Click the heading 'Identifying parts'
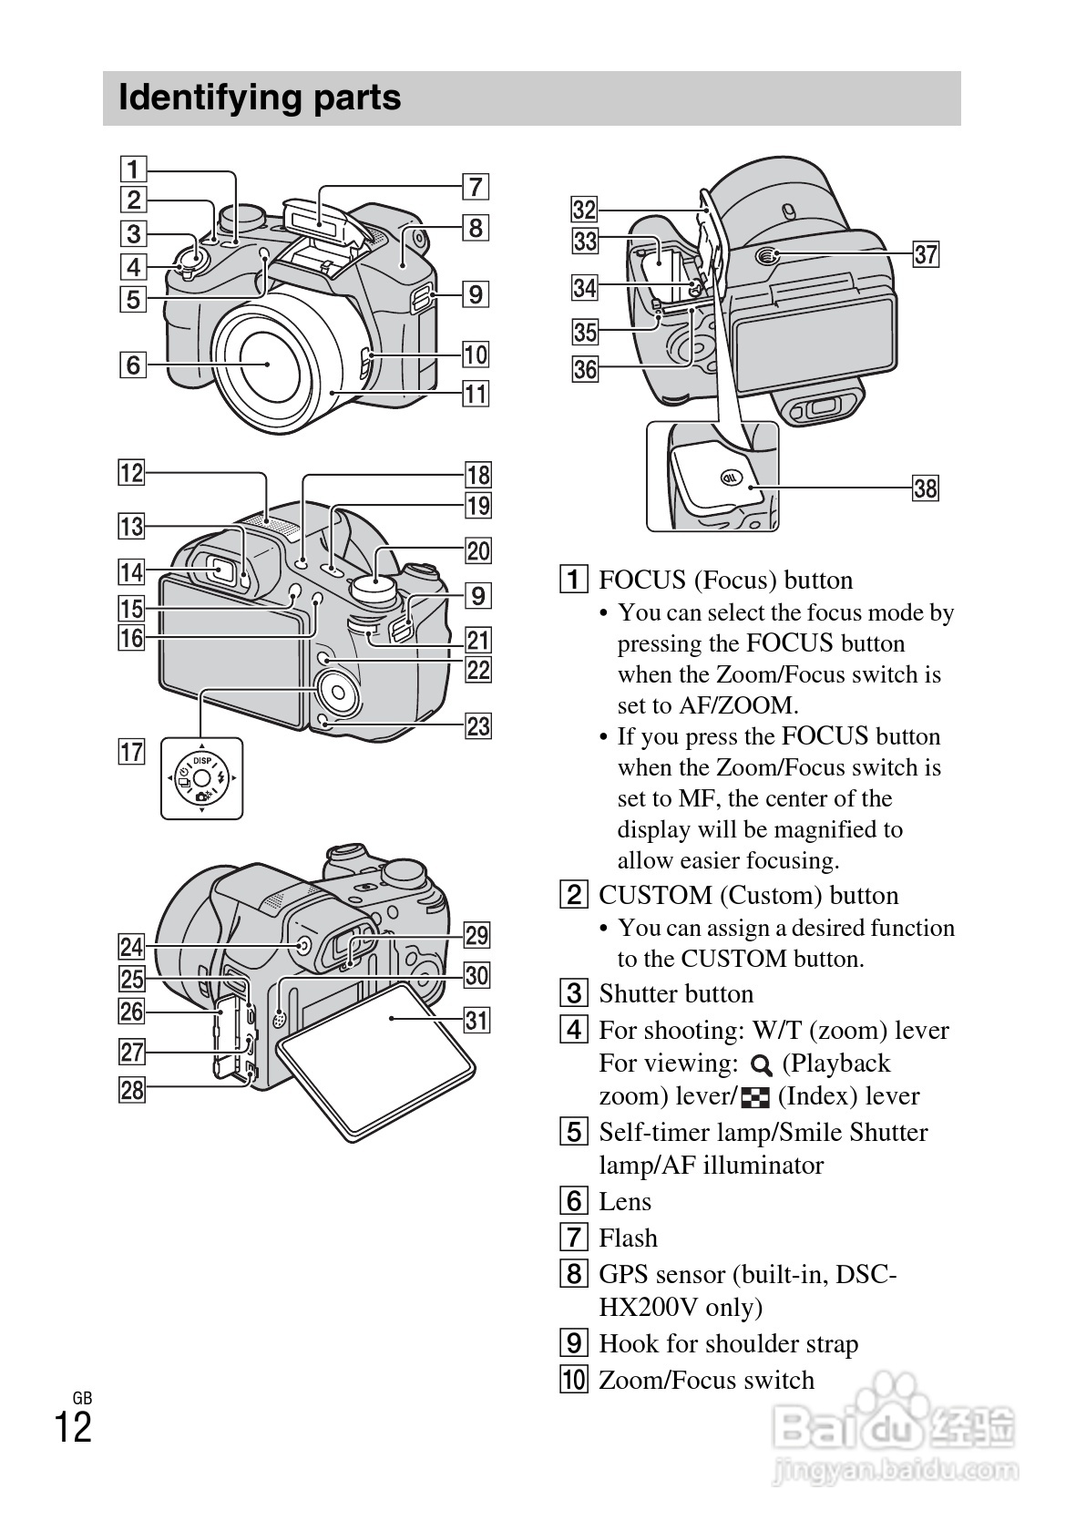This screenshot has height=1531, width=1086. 260,98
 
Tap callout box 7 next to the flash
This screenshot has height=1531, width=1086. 475,187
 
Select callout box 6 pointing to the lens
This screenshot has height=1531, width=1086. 133,365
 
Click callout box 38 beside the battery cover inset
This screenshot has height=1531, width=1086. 925,488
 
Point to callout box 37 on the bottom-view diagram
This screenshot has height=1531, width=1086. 926,254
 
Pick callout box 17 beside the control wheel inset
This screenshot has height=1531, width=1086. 133,752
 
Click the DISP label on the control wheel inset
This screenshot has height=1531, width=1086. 201,761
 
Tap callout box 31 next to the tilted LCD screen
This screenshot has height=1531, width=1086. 476,1020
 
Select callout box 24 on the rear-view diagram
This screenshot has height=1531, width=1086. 133,947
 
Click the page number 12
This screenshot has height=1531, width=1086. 73,1427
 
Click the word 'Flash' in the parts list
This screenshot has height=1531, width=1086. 628,1238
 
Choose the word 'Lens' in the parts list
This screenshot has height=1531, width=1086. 625,1201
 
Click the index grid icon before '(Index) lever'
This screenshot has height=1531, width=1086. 755,1098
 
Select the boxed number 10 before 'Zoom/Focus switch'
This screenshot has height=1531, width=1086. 573,1380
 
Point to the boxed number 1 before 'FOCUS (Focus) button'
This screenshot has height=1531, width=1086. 573,581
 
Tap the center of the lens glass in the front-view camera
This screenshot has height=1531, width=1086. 267,364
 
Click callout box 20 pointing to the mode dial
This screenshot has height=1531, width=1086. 478,550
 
